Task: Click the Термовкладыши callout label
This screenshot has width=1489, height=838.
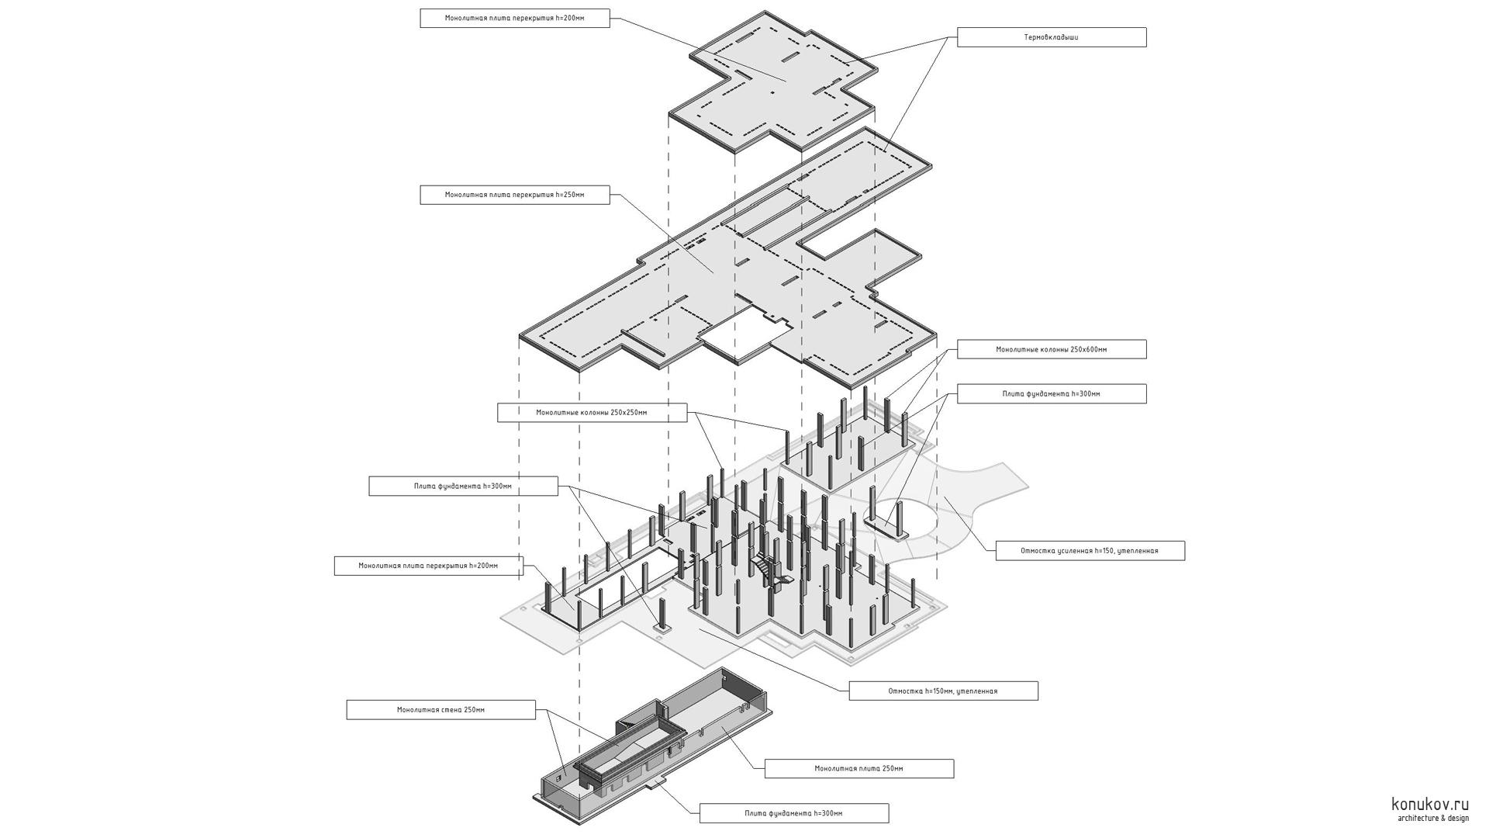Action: click(1051, 37)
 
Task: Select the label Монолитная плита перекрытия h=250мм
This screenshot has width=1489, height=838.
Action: click(514, 195)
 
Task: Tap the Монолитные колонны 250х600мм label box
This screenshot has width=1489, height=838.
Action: click(1051, 349)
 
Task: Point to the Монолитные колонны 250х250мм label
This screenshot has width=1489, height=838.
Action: click(591, 413)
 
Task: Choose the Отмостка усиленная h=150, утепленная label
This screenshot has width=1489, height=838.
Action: click(1089, 551)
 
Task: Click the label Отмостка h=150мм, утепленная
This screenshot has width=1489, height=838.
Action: click(942, 691)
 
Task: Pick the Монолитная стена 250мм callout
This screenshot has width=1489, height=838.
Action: click(440, 710)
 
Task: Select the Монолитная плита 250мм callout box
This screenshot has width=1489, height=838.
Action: click(859, 769)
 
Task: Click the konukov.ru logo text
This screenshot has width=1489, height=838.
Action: click(1429, 805)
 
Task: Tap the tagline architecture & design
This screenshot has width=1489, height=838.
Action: click(1432, 819)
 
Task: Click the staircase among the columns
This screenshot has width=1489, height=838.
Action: click(769, 570)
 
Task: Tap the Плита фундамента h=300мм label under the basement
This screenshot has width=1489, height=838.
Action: click(793, 813)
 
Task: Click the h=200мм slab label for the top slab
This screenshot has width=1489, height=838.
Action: click(514, 18)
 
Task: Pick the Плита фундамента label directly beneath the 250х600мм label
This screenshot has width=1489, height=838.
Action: click(1051, 394)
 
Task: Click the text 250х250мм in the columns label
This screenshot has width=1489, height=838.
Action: click(628, 413)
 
